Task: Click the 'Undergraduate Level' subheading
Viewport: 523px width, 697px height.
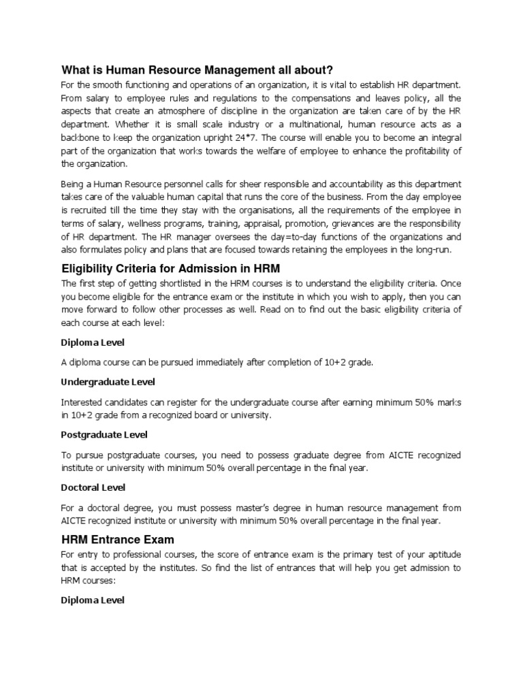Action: pyautogui.click(x=108, y=381)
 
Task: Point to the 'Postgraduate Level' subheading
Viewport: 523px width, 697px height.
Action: pyautogui.click(x=104, y=434)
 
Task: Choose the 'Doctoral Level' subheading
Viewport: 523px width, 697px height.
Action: pyautogui.click(x=93, y=487)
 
